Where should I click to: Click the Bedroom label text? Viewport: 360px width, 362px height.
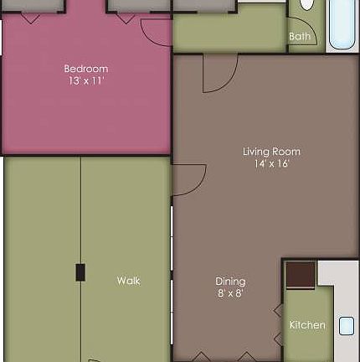[86, 69]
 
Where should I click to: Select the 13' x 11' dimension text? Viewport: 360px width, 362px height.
[86, 81]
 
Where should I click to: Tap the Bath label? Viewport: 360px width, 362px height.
[299, 37]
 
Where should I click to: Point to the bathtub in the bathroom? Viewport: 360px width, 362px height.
[343, 23]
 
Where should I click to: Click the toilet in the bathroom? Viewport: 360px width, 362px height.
[306, 4]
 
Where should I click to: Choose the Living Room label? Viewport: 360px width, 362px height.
[271, 152]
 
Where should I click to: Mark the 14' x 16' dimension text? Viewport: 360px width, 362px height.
[271, 164]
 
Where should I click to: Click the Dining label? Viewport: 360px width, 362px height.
[230, 282]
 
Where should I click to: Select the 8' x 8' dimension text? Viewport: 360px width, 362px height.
[230, 293]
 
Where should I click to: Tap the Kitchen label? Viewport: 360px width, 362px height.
[307, 325]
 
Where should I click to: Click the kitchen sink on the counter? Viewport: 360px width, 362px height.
[347, 326]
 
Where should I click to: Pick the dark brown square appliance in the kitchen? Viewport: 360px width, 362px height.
[300, 275]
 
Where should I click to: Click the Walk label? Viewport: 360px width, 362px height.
[128, 281]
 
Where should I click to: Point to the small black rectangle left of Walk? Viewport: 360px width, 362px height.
[80, 272]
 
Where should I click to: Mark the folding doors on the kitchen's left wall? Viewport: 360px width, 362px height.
[279, 323]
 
